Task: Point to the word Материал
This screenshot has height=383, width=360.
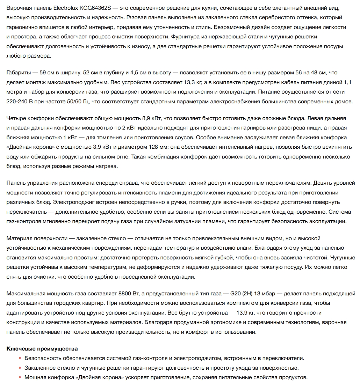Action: point(19,238)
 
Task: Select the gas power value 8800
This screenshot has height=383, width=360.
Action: point(125,294)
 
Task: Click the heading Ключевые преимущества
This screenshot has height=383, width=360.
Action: point(42,349)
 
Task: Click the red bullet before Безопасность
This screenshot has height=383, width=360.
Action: point(21,358)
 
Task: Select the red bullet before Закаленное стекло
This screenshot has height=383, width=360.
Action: point(21,368)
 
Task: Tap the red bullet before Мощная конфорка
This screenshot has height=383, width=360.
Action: point(21,378)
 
